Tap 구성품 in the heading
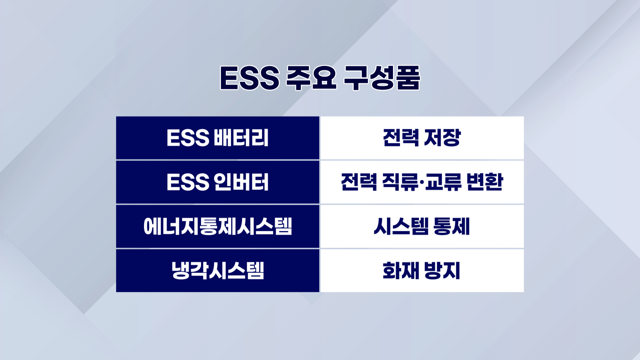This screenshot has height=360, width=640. tap(382, 78)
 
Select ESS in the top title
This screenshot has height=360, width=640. tap(249, 78)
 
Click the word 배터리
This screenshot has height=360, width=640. tap(241, 138)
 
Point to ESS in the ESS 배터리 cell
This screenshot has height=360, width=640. tap(188, 138)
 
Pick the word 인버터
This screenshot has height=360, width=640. tap(241, 182)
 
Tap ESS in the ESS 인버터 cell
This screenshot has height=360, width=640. tap(188, 182)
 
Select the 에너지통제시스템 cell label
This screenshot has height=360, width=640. tap(218, 226)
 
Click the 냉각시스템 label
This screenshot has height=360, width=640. tap(218, 270)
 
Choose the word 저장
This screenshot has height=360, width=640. tap(442, 138)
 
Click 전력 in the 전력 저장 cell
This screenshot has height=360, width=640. tap(401, 138)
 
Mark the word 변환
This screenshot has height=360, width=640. tap(485, 182)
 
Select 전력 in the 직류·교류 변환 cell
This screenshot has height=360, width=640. tap(359, 182)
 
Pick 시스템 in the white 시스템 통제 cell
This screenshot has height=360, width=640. tap(401, 226)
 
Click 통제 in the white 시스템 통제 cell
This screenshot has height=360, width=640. tap(452, 226)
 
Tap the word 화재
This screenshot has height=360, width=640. tap(401, 270)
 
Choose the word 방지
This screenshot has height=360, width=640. tap(442, 270)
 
